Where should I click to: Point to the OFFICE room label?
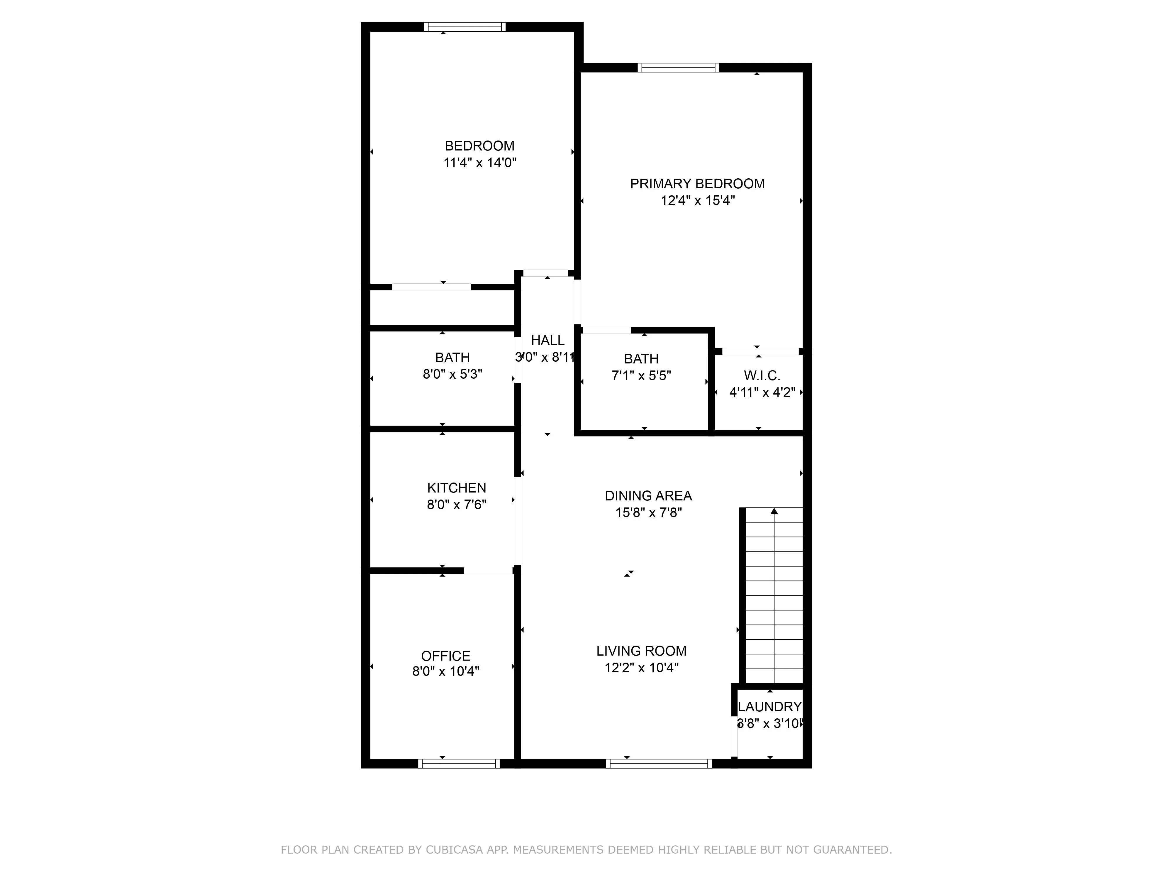click(445, 656)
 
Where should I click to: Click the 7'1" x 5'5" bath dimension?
click(641, 375)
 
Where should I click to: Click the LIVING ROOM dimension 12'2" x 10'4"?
click(641, 667)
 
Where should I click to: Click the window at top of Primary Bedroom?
click(678, 67)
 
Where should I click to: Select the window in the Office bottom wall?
click(459, 763)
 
